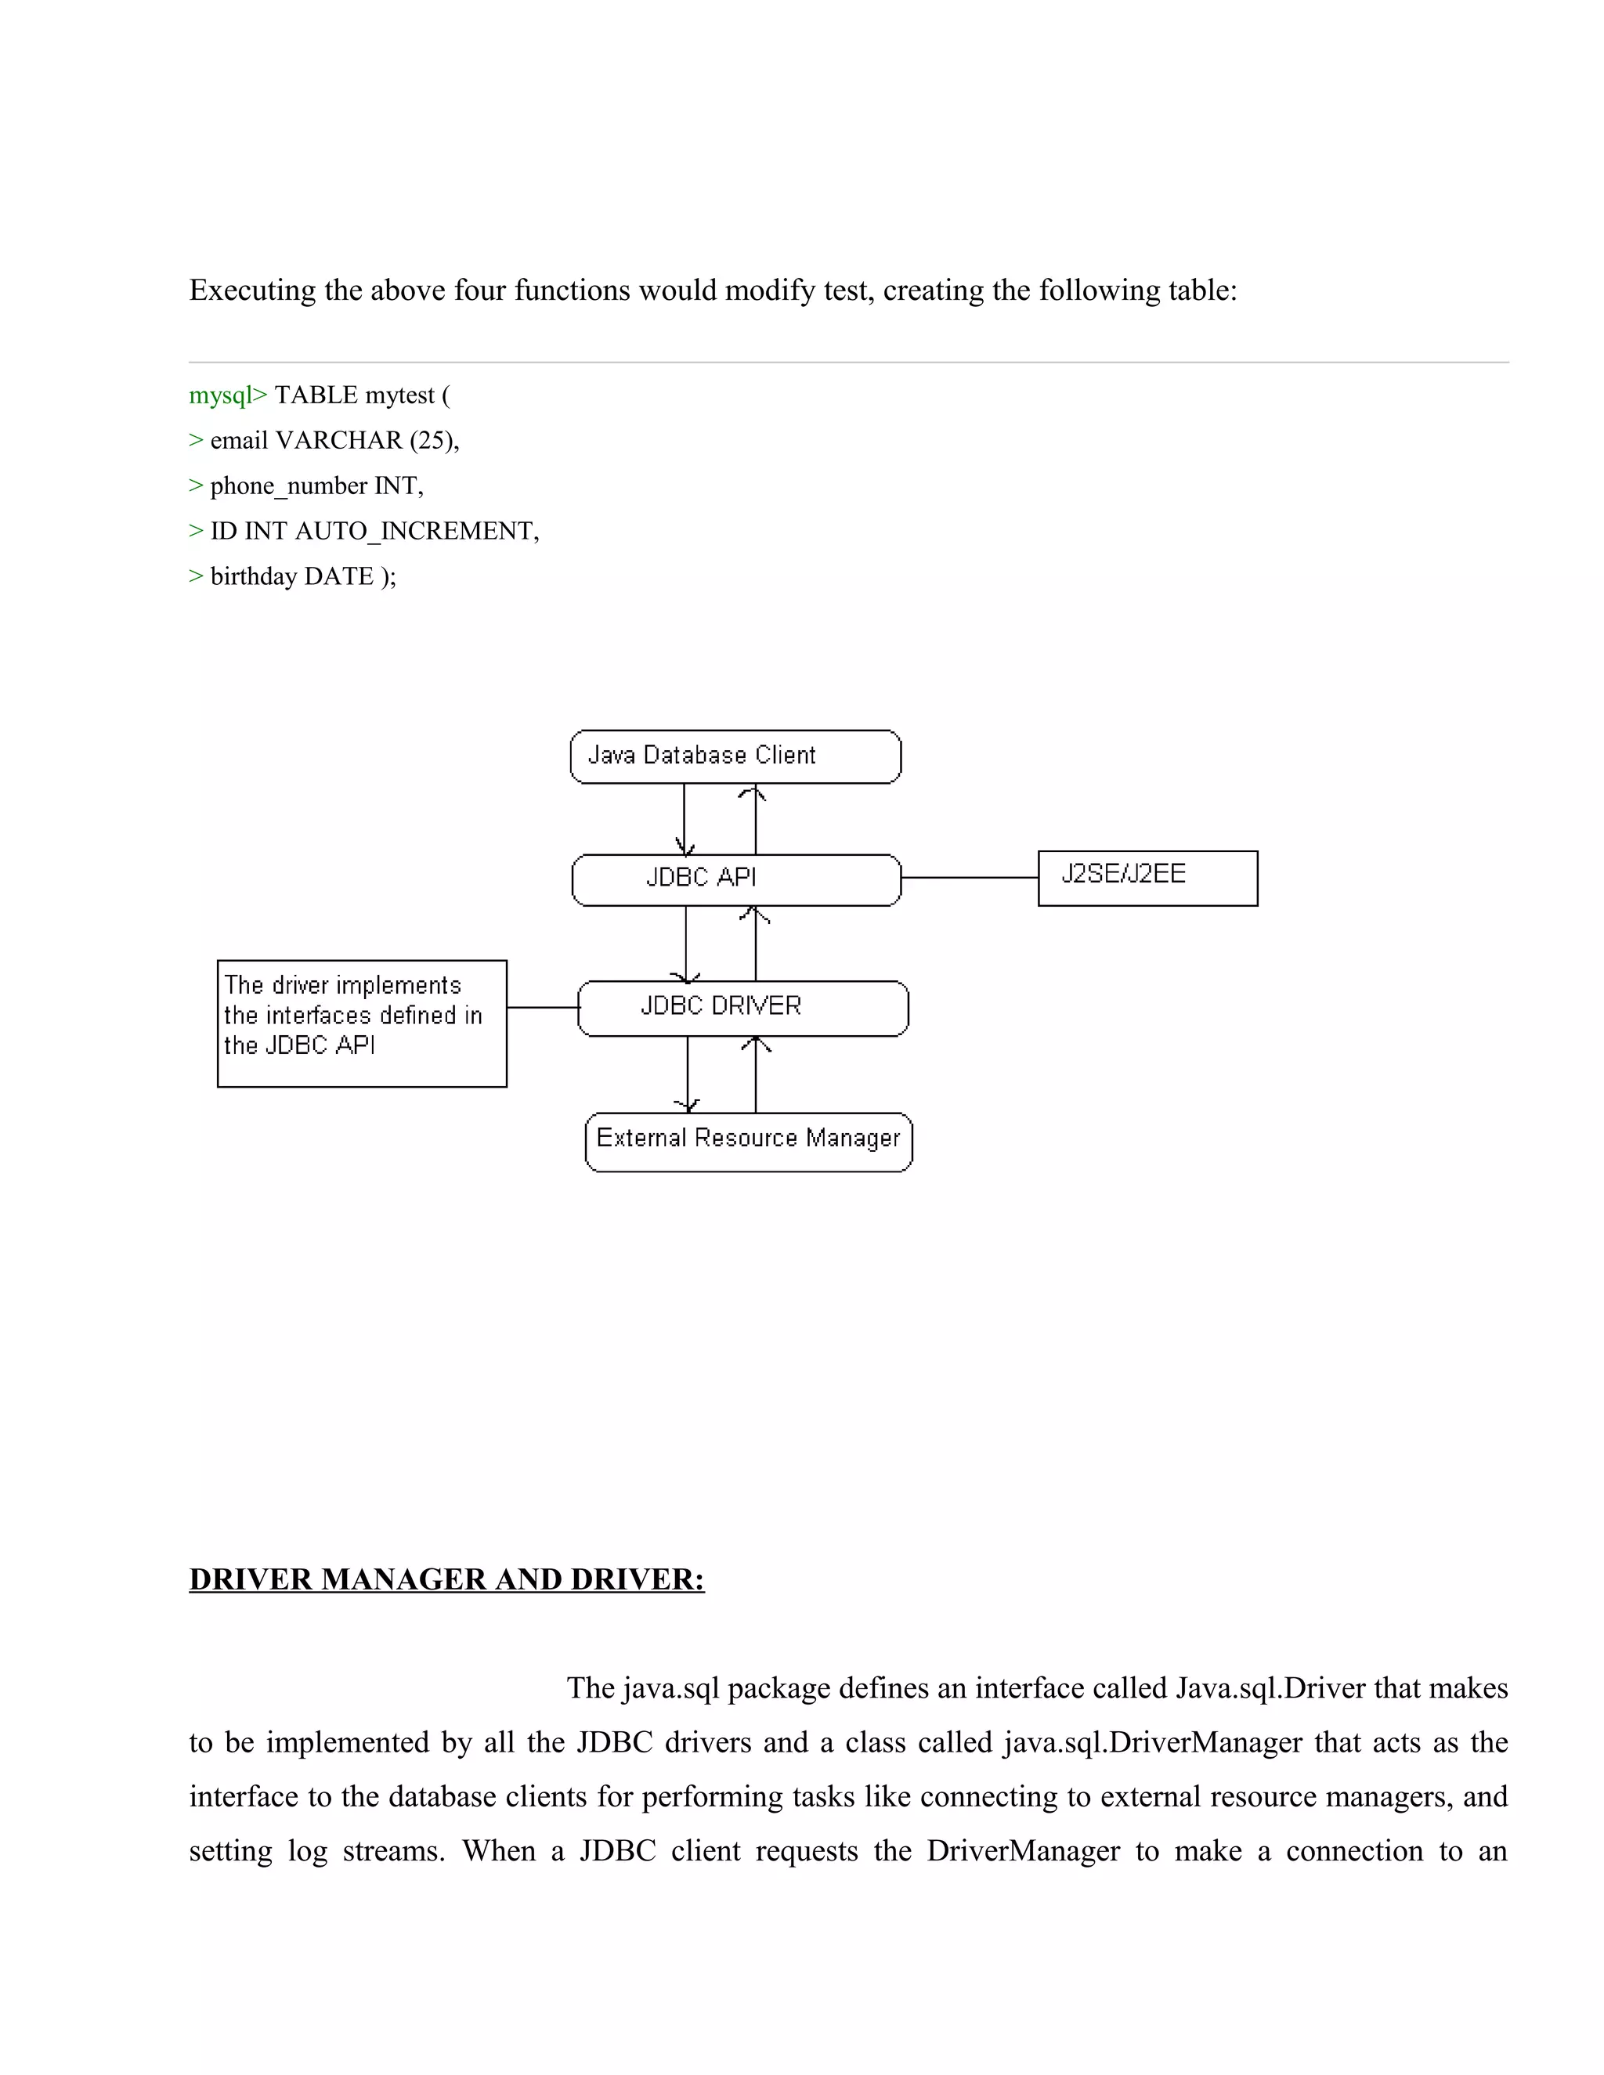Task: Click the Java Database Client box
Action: tap(735, 756)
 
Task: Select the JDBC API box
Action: tap(735, 880)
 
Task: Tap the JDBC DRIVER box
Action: tap(742, 1008)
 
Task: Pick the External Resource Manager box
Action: tap(748, 1142)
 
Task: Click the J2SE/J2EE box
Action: tap(1147, 878)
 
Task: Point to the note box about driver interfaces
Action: tap(361, 1023)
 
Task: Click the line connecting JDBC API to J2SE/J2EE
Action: tap(970, 878)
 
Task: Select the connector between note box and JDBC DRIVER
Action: tap(543, 1007)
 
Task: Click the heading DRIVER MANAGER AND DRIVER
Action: tap(446, 1579)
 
